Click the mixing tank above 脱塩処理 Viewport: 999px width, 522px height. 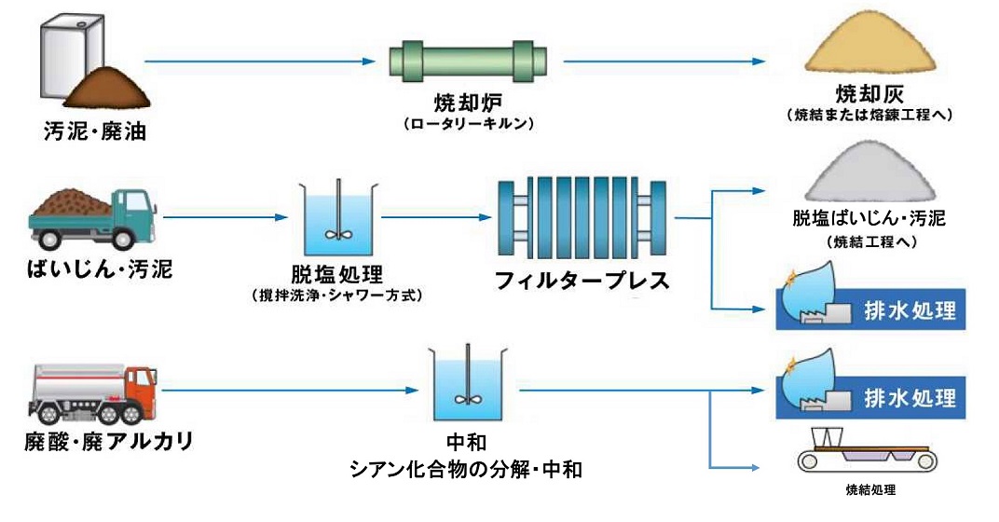click(336, 220)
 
